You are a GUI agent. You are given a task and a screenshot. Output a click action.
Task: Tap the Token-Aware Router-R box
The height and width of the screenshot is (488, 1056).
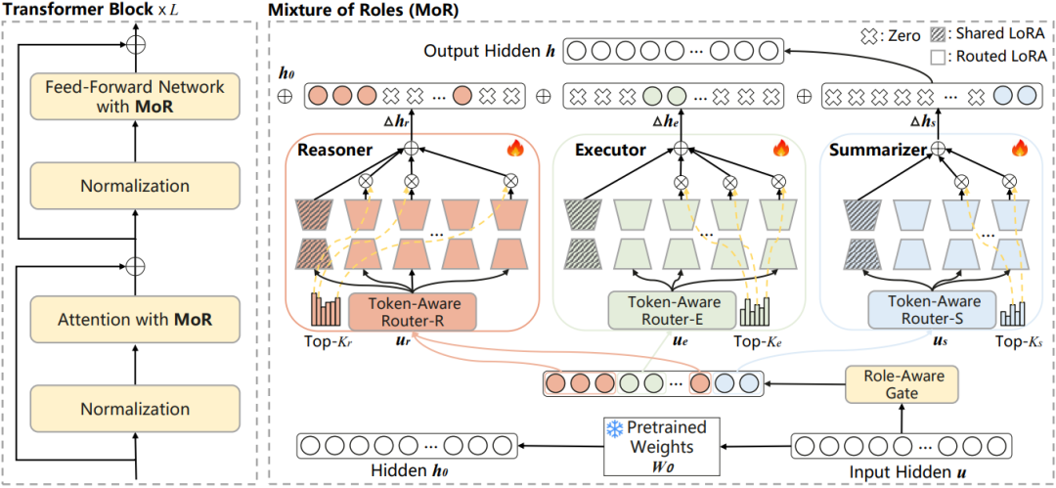pyautogui.click(x=411, y=312)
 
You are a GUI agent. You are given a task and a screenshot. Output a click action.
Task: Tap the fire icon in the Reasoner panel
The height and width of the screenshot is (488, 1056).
pyautogui.click(x=515, y=149)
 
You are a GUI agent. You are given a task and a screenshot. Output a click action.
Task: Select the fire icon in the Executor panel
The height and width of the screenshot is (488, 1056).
pyautogui.click(x=780, y=149)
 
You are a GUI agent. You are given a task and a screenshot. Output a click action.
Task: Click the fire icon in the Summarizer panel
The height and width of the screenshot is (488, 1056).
pyautogui.click(x=1019, y=149)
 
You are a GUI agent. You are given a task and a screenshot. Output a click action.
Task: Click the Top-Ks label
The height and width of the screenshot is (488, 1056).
pyautogui.click(x=1017, y=342)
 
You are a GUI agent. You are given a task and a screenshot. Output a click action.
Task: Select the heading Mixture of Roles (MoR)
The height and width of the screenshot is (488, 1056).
pyautogui.click(x=364, y=11)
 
